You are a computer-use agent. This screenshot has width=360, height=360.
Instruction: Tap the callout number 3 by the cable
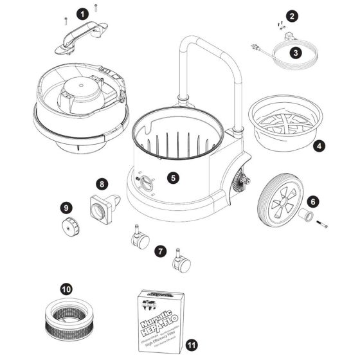(x=294, y=53)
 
